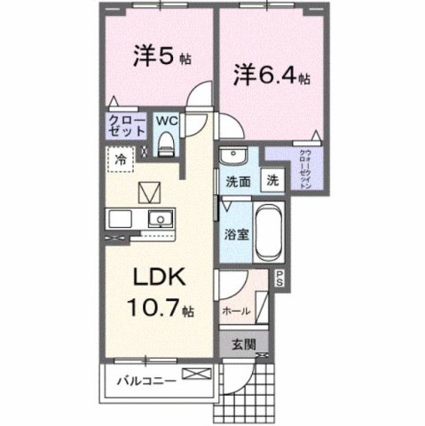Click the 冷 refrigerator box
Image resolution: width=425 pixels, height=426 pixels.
[118, 160]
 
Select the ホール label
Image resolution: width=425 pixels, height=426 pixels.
[236, 312]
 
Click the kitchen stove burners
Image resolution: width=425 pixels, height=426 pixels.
[119, 218]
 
